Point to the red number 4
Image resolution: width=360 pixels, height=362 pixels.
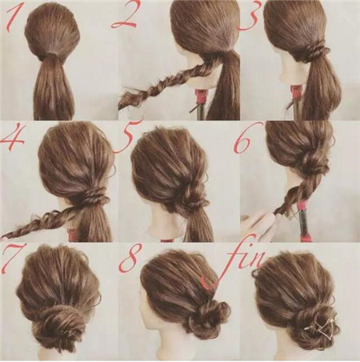13,139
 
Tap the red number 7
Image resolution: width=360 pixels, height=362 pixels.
11,259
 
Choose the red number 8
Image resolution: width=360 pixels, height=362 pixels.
130,257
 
